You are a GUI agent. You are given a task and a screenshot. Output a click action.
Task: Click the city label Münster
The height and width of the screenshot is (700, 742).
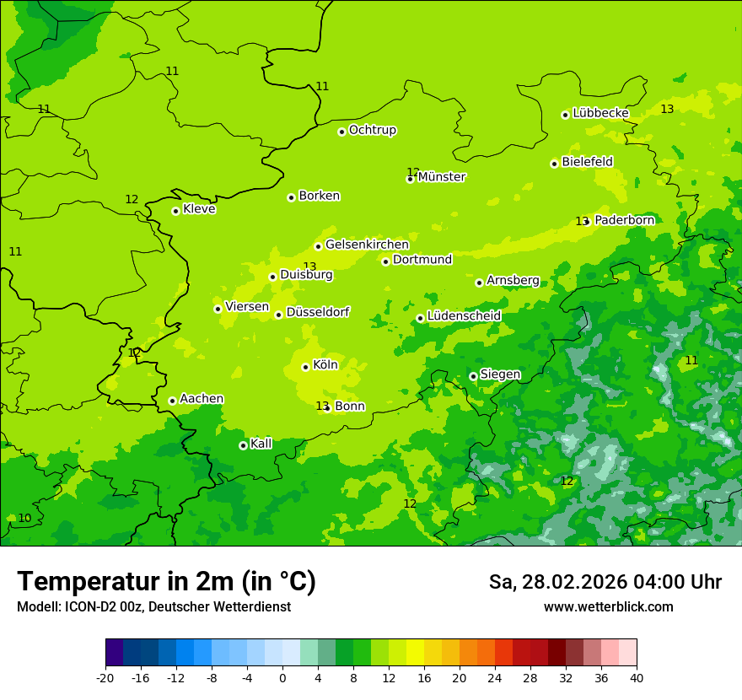click(x=442, y=177)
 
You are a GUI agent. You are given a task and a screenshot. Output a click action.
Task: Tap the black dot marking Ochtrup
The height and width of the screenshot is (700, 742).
click(x=341, y=132)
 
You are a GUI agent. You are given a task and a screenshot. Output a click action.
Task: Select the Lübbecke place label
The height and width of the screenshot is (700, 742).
click(x=600, y=113)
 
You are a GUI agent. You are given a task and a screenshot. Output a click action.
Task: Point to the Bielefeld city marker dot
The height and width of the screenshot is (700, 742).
click(x=554, y=164)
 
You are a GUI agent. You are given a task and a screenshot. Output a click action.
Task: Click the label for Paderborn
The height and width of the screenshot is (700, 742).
click(x=624, y=220)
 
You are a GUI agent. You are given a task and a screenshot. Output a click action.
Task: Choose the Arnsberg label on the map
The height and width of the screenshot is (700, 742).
click(x=513, y=281)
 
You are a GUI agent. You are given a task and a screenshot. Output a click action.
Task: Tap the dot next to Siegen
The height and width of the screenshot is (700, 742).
click(x=473, y=377)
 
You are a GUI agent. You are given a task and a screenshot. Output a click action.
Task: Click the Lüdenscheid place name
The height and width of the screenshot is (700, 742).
click(x=464, y=316)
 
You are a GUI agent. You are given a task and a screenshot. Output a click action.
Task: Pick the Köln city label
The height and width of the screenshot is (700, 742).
click(x=325, y=365)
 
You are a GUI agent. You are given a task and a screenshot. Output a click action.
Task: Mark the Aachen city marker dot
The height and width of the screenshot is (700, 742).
click(x=172, y=401)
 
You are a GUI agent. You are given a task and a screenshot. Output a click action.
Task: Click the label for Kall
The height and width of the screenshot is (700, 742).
click(x=261, y=444)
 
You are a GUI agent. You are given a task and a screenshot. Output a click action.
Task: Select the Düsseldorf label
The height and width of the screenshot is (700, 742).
click(x=317, y=312)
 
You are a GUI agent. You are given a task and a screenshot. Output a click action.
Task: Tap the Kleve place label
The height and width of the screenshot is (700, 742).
click(x=199, y=209)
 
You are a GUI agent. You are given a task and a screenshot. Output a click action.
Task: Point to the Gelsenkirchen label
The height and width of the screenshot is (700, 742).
click(x=367, y=245)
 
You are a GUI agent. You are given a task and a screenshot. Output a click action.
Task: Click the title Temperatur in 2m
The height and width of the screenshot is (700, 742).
click(x=166, y=581)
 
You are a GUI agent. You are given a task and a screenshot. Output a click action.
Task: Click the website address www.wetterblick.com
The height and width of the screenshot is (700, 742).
click(x=608, y=606)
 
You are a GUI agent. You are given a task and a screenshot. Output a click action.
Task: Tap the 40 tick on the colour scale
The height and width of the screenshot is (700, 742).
click(x=637, y=677)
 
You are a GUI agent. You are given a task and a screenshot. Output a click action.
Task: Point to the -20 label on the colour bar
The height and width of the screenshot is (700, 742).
click(x=105, y=677)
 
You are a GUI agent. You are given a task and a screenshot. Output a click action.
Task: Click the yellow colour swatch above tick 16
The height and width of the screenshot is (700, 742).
click(x=416, y=653)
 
